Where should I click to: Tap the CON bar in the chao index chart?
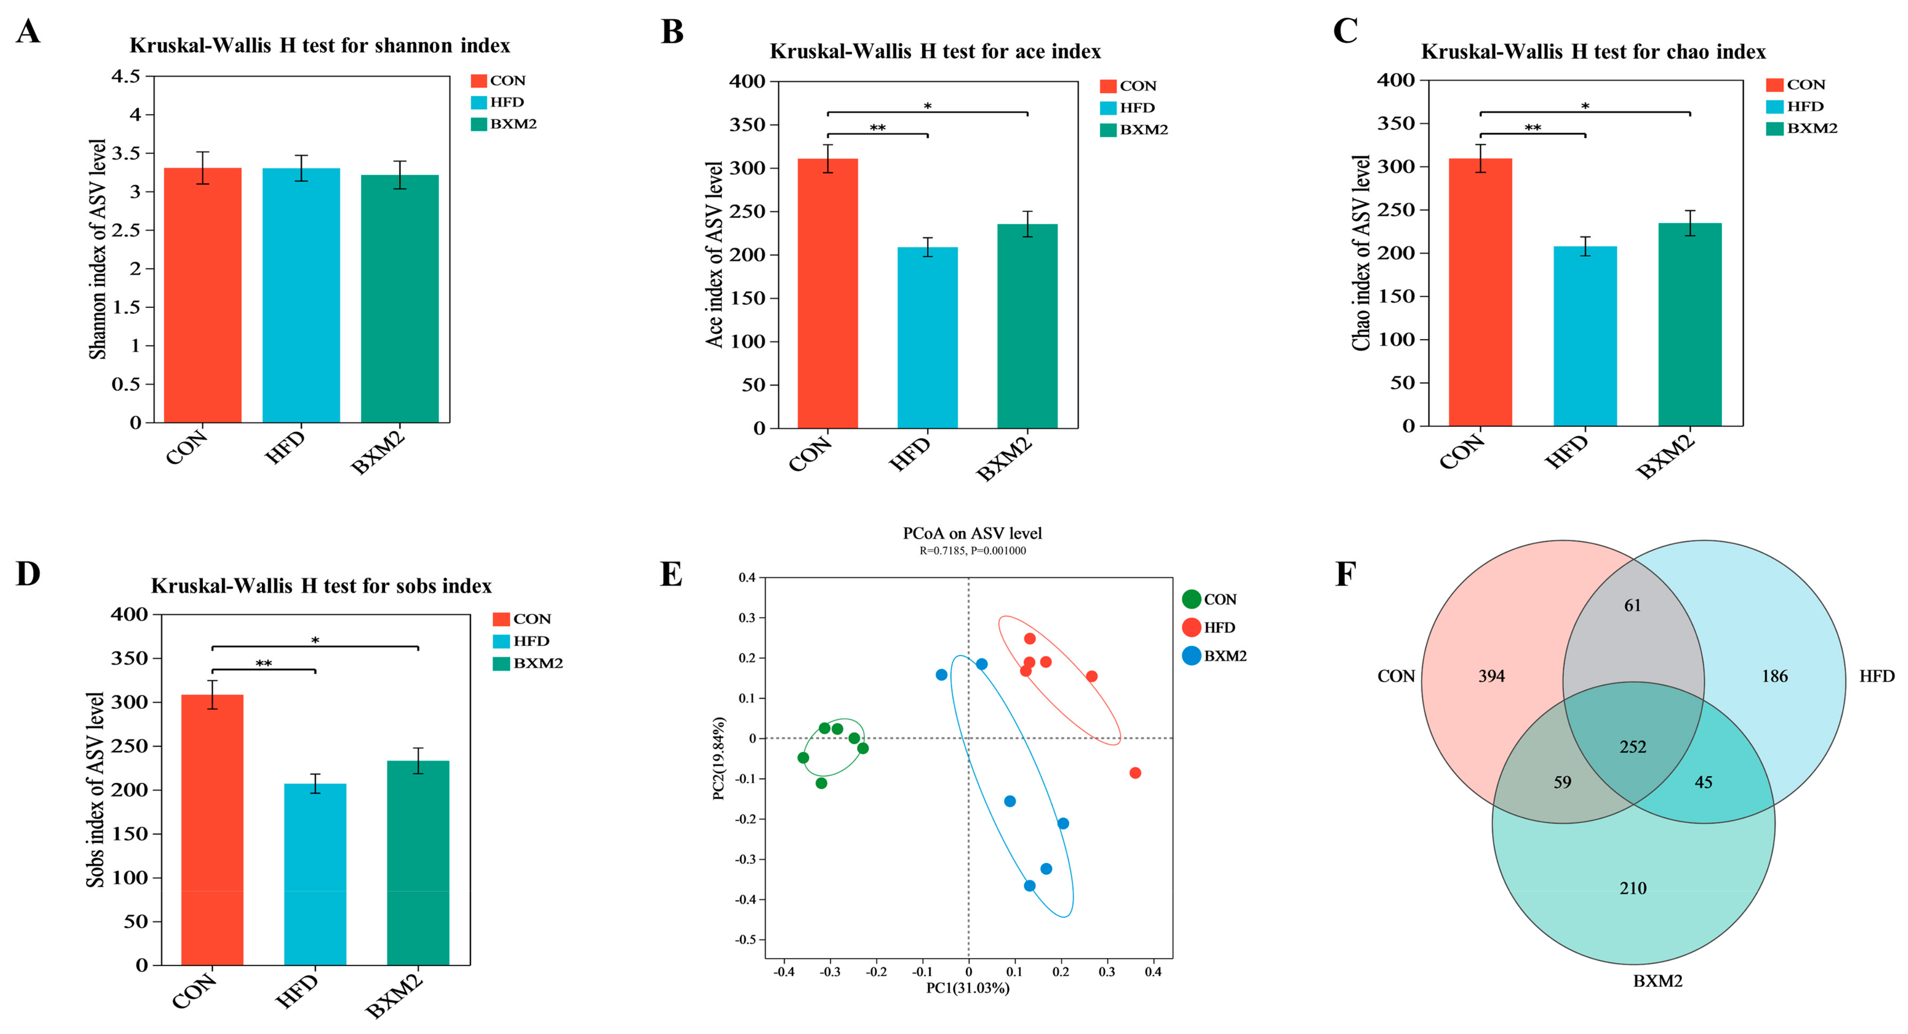pos(1480,293)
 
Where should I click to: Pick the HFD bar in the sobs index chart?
pos(315,874)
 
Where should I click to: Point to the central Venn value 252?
pos(1633,747)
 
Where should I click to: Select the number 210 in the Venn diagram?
pos(1633,888)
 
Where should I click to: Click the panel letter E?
pos(671,575)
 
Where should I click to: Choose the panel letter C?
pos(1345,31)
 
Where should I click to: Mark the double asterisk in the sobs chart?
pos(264,664)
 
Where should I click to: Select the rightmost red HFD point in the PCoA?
pos(1135,772)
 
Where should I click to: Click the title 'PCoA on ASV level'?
pos(972,533)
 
